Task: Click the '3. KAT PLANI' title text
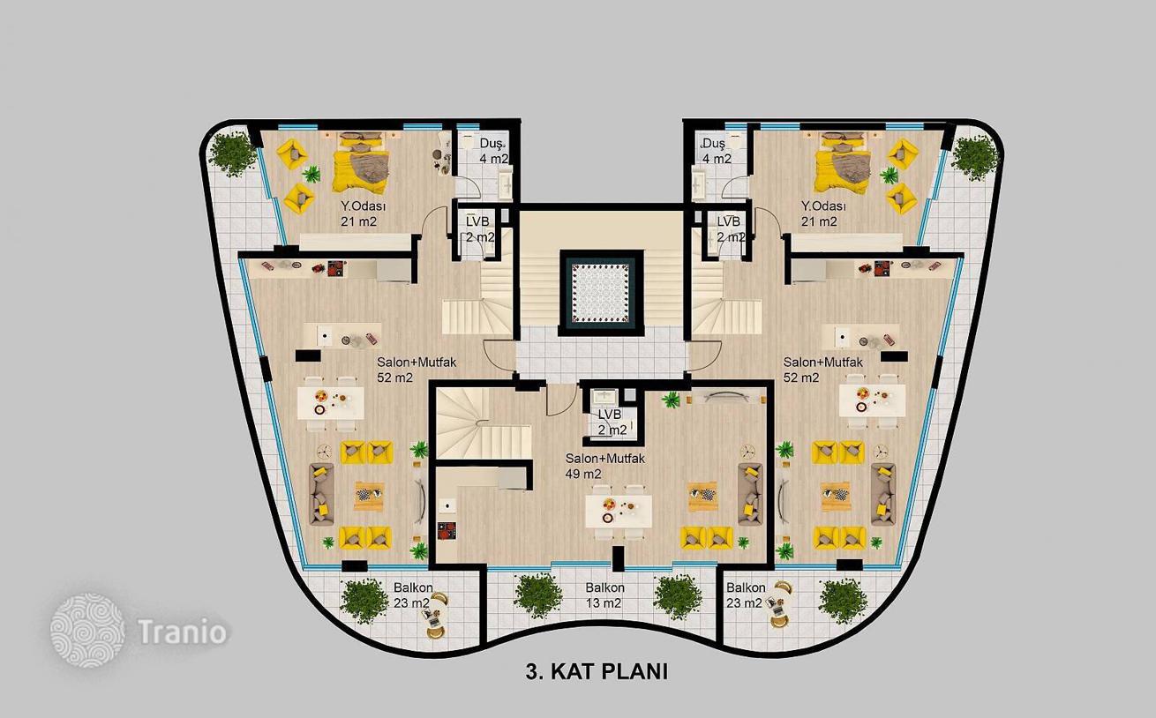click(597, 671)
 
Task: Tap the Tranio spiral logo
click(87, 631)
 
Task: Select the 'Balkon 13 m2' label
click(604, 595)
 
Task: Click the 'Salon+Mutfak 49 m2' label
click(604, 466)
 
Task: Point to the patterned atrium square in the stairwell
click(601, 293)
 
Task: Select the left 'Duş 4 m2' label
click(494, 151)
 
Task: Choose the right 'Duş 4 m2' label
click(717, 151)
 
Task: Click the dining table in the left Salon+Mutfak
click(331, 403)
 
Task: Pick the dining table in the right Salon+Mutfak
click(872, 400)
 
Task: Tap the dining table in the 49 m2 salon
click(619, 512)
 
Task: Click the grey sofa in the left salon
click(321, 494)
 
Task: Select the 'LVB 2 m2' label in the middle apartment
click(612, 422)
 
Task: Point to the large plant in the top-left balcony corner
click(234, 153)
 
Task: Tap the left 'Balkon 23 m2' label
click(413, 595)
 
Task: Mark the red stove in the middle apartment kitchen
click(447, 530)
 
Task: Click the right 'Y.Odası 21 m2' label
click(823, 214)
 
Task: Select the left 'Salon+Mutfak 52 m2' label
click(417, 370)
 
